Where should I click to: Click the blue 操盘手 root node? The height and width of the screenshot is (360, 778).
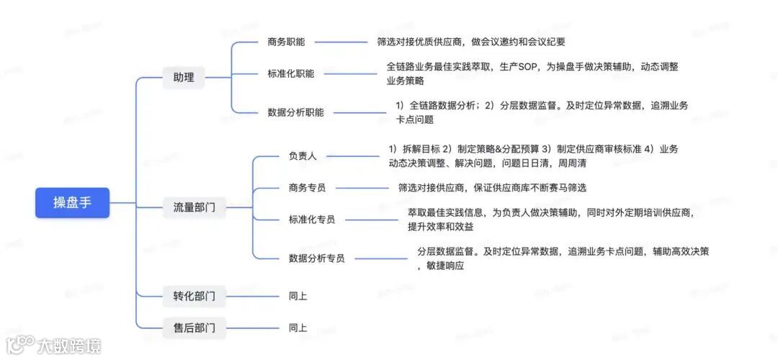[72, 202]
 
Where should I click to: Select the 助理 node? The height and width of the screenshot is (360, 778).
[184, 77]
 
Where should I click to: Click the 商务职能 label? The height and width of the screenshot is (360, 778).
[286, 42]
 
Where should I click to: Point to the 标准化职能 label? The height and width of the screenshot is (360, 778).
[290, 73]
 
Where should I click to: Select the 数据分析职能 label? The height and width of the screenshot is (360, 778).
[295, 112]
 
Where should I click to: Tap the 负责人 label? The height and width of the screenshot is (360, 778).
[303, 156]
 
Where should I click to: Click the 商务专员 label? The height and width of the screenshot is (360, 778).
[307, 188]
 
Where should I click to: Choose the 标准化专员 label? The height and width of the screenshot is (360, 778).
[311, 220]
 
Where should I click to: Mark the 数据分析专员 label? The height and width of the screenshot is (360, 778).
[316, 258]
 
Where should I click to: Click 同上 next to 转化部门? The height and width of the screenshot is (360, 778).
[298, 295]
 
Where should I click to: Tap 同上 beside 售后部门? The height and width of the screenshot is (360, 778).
[298, 328]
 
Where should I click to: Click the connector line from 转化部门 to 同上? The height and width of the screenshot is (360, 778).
[248, 295]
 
